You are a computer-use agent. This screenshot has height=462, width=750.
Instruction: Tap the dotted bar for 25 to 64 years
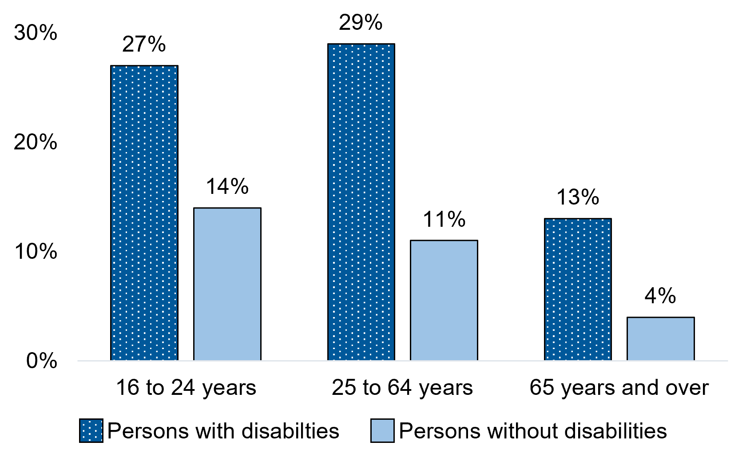(361, 202)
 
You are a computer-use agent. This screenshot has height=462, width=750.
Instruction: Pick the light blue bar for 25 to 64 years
(444, 300)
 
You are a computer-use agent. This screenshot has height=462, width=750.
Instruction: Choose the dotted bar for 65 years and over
(578, 289)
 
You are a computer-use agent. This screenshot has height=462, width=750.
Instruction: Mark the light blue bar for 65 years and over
(661, 338)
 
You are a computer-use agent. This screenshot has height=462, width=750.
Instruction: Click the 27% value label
(144, 44)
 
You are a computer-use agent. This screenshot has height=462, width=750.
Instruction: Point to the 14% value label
(227, 187)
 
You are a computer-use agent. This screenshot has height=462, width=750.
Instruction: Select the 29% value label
(361, 23)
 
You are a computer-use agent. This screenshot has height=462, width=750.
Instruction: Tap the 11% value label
(444, 220)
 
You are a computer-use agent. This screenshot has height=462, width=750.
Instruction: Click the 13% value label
(578, 197)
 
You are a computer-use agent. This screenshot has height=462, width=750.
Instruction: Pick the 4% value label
(660, 296)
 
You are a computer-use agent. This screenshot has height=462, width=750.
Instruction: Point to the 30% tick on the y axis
(36, 33)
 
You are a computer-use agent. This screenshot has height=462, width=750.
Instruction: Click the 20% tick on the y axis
(36, 142)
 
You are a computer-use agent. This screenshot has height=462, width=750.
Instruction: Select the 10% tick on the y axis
(36, 252)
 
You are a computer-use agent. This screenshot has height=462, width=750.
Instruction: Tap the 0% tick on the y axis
(41, 361)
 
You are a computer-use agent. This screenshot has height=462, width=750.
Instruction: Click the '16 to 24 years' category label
(186, 388)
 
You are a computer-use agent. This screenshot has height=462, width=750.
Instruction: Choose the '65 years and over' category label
(619, 388)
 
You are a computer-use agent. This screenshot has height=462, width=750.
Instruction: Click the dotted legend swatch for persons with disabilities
(91, 430)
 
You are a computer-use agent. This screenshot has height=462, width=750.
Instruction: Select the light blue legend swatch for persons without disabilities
(382, 430)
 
